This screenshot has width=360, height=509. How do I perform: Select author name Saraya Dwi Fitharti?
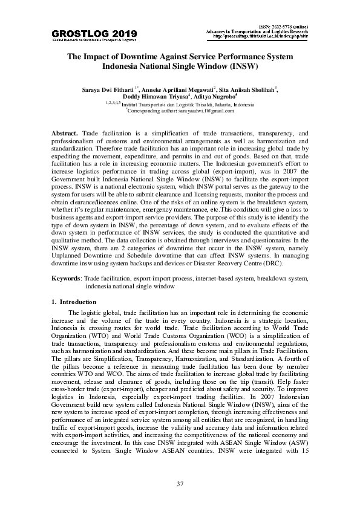pyautogui.click(x=107, y=89)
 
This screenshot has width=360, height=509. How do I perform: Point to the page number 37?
pyautogui.click(x=180, y=484)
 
